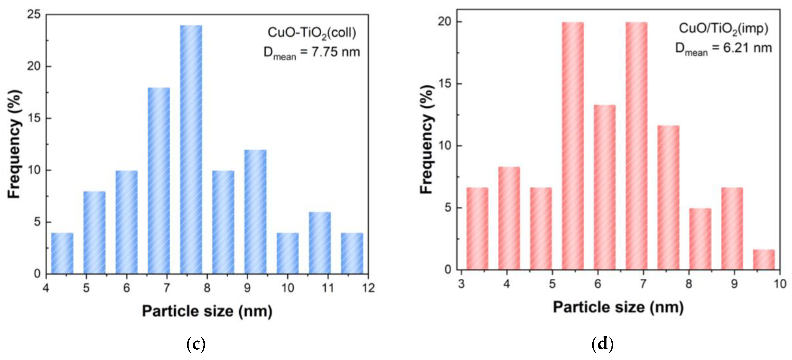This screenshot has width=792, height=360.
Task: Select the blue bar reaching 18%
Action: [x=159, y=181]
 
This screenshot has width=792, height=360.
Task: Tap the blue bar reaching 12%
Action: [x=255, y=212]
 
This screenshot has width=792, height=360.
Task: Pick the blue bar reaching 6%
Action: [x=320, y=243]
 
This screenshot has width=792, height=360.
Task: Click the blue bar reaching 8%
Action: [x=94, y=232]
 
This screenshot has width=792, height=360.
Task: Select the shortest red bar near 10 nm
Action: [x=764, y=260]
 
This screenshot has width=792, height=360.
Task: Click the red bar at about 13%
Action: [x=605, y=187]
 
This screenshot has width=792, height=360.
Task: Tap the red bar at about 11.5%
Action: [x=668, y=197]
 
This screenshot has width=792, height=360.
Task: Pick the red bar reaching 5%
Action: [x=700, y=239]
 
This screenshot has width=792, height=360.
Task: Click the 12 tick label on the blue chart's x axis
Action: [x=368, y=288]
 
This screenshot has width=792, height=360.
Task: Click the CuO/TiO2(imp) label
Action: [x=723, y=29]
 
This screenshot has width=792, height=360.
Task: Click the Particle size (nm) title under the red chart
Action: [x=618, y=307]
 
